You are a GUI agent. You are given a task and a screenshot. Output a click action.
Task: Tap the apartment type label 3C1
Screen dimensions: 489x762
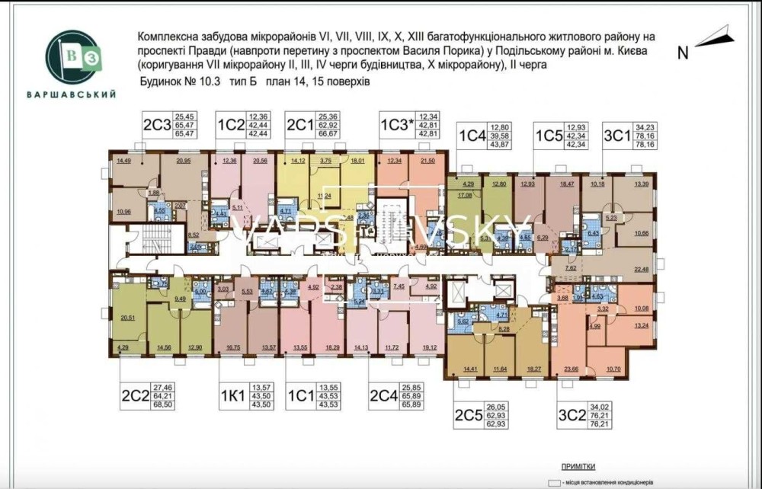616,136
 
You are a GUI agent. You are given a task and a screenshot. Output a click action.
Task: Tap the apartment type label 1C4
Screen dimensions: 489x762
472,136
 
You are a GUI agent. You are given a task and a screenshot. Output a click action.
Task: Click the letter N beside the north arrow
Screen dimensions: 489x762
683,53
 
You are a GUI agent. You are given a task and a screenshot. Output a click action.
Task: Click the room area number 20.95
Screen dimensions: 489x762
184,161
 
